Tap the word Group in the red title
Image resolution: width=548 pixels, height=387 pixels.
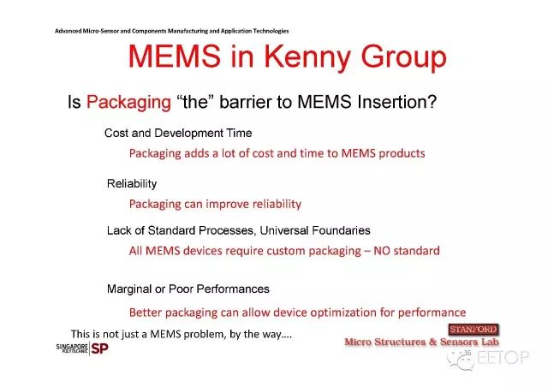click(x=403, y=58)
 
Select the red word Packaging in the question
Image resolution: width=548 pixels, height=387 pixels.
click(x=128, y=103)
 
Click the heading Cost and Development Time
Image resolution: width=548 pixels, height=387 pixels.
click(x=178, y=134)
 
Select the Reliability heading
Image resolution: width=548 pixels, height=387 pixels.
click(x=132, y=184)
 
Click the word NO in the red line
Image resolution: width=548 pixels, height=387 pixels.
click(x=382, y=251)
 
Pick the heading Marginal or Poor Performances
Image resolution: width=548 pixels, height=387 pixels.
click(x=188, y=289)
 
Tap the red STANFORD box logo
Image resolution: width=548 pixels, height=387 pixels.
click(x=474, y=330)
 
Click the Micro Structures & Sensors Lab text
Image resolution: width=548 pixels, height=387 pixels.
click(x=421, y=342)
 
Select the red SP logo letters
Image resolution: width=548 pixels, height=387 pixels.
click(x=99, y=348)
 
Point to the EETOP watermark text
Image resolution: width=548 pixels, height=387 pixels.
click(x=503, y=357)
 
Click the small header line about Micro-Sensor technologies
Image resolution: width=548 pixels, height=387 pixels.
click(x=171, y=31)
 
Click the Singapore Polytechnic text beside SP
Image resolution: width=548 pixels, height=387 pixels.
click(x=72, y=348)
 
